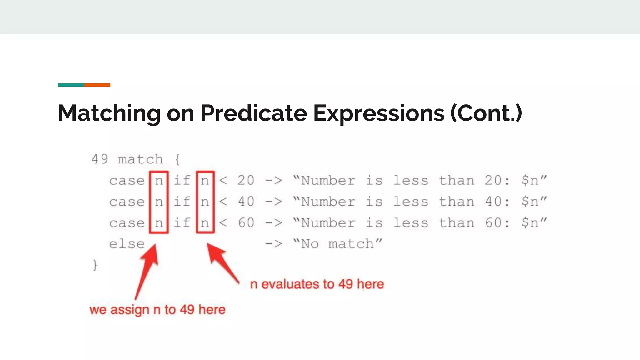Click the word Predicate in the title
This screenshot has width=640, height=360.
[x=254, y=113]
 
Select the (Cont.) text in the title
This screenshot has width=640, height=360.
[x=486, y=113]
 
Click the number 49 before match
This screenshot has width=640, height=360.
[x=100, y=159]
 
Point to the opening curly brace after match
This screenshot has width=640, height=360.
[x=177, y=159]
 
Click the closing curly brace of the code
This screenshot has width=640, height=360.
[x=95, y=265]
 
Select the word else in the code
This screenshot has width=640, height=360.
[x=127, y=244]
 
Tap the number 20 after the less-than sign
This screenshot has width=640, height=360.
[x=246, y=181]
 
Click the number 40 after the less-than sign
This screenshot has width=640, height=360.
[x=246, y=202]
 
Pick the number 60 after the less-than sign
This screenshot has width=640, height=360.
[x=246, y=223]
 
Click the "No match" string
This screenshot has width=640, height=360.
[x=337, y=244]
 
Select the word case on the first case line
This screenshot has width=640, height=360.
[x=127, y=181]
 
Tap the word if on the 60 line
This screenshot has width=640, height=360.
[x=182, y=223]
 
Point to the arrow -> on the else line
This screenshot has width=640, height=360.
[x=273, y=244]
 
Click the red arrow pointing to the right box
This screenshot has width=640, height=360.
[x=222, y=262]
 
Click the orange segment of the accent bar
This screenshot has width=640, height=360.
[x=97, y=85]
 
